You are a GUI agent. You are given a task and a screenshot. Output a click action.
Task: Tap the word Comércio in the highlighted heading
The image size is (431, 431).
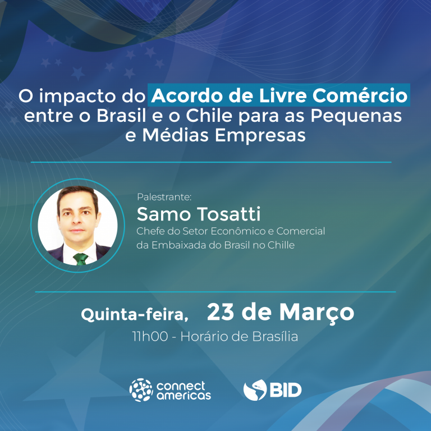click(x=360, y=95)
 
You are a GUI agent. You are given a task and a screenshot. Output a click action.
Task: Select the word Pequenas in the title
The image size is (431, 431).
click(x=356, y=117)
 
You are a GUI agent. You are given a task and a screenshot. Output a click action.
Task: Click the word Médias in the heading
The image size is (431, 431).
click(x=175, y=135)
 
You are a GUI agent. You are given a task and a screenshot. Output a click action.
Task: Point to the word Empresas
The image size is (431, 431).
click(x=260, y=136)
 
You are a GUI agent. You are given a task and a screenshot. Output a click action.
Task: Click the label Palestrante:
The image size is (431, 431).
click(x=164, y=197)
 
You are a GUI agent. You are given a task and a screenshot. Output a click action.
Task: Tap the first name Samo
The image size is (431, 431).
click(x=164, y=214)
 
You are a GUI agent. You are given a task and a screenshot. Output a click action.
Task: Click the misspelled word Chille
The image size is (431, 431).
click(x=281, y=245)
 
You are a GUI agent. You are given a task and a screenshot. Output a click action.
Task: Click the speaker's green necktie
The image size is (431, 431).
click(x=81, y=259)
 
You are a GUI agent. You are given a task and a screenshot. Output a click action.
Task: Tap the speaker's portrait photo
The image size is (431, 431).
click(x=78, y=226)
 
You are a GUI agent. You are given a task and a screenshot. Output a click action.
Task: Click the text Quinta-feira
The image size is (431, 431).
click(x=135, y=314)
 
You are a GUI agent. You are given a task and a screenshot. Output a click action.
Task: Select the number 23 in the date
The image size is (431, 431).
click(x=221, y=311)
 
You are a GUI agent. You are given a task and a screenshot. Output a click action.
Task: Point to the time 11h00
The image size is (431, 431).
click(x=150, y=337)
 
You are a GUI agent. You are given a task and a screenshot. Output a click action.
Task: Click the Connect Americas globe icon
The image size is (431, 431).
click(x=141, y=390)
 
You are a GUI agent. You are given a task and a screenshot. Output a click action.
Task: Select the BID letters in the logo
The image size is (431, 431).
click(x=286, y=390)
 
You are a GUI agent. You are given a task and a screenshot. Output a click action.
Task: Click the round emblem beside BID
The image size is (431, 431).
click(x=255, y=390)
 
